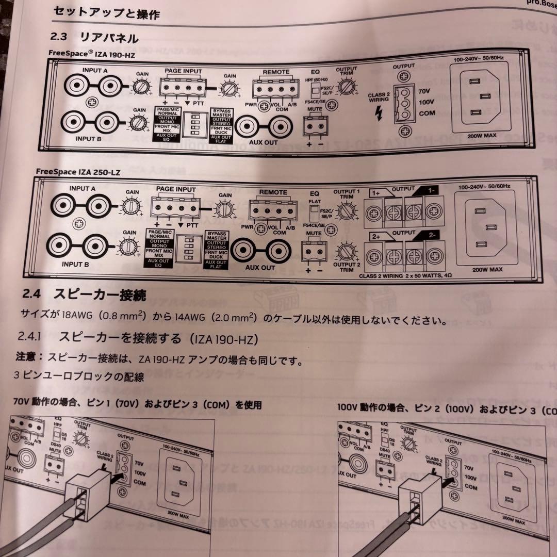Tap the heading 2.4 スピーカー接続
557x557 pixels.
tap(85, 295)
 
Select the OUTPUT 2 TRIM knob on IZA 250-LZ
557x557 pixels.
tap(346, 253)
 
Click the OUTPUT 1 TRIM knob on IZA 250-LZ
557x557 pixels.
tap(347, 211)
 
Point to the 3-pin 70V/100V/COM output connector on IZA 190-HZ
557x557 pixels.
tap(402, 102)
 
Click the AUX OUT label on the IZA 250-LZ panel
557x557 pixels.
tap(260, 268)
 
